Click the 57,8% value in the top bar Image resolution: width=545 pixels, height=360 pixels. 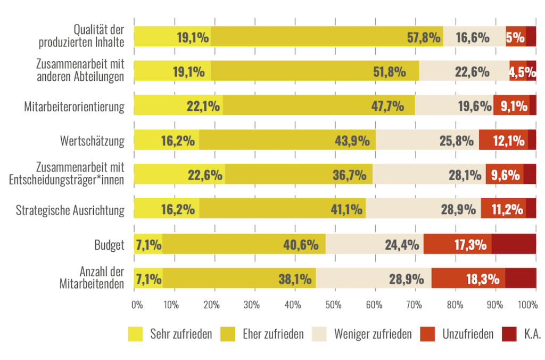(424, 37)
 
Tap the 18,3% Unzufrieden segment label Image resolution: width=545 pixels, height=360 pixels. (483, 279)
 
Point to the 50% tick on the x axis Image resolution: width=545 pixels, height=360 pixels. (334, 305)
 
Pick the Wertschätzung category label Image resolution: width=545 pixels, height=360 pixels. (92, 141)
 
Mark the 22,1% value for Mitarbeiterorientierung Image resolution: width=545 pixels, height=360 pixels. (203, 106)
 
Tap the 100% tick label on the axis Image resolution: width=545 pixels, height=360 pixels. (528, 305)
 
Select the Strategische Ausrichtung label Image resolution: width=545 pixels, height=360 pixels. (70, 210)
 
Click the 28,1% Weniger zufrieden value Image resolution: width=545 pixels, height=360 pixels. (465, 175)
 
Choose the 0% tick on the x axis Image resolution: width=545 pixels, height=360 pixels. (137, 305)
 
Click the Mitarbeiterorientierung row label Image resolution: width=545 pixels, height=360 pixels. (74, 107)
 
